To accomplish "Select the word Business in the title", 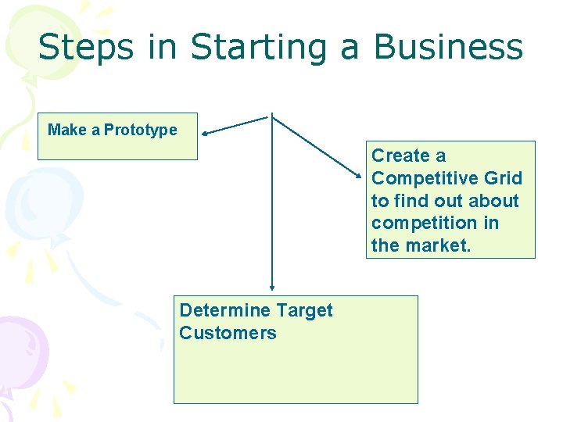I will coord(448,47).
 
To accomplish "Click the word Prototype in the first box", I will coord(141,130).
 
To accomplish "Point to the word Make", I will coord(66,130).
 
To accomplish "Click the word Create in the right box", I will coord(401,156).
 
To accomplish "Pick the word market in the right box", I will coord(443,245).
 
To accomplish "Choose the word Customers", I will coord(228,333).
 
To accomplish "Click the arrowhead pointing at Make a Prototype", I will coord(206,133).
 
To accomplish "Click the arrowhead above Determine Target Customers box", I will coord(271,288).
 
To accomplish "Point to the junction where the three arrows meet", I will coord(271,117).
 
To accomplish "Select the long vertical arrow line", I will coord(271,203).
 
